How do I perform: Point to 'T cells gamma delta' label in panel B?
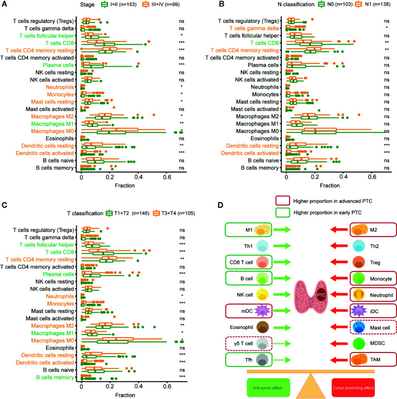(255, 27)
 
